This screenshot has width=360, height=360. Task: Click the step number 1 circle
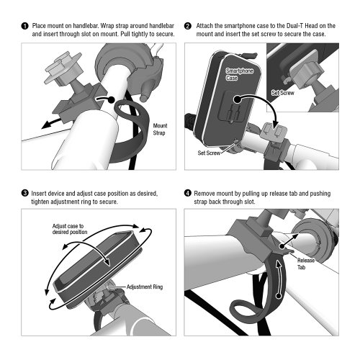pos(24,26)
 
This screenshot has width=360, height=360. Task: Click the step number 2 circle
pos(188,26)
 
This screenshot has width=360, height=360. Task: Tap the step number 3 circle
pos(24,193)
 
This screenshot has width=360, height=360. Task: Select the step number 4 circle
pos(188,193)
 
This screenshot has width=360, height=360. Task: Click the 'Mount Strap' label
pos(160,129)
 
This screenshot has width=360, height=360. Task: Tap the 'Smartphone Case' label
pos(240,74)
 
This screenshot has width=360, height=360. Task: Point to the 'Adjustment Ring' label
pos(145,287)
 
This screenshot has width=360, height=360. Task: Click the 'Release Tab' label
pos(306,264)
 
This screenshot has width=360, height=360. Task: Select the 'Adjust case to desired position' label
pos(70,229)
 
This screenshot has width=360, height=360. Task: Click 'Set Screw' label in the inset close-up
pos(282,93)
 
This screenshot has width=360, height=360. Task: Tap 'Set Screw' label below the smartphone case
pos(209,153)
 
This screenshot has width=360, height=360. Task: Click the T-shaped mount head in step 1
pos(63,68)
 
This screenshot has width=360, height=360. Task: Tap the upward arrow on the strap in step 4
pos(278,279)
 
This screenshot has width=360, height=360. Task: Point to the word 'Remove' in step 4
pos(204,194)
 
